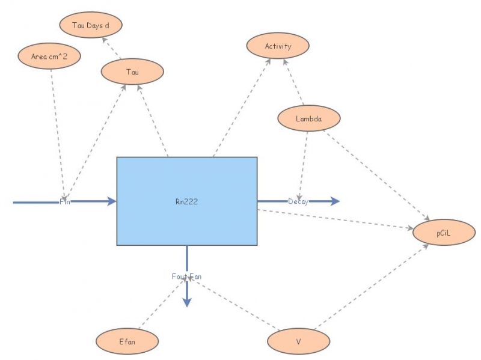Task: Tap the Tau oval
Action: (x=132, y=72)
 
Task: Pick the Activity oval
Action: (x=278, y=46)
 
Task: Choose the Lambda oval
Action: (x=308, y=118)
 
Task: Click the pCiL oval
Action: (x=444, y=234)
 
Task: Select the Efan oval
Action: (x=127, y=341)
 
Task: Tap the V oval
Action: (x=298, y=341)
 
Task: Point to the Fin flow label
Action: (x=65, y=202)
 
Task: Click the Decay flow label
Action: (x=298, y=201)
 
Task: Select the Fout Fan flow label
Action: (x=186, y=276)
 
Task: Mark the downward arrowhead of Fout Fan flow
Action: (x=187, y=303)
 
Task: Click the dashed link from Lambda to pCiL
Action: (x=376, y=174)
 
